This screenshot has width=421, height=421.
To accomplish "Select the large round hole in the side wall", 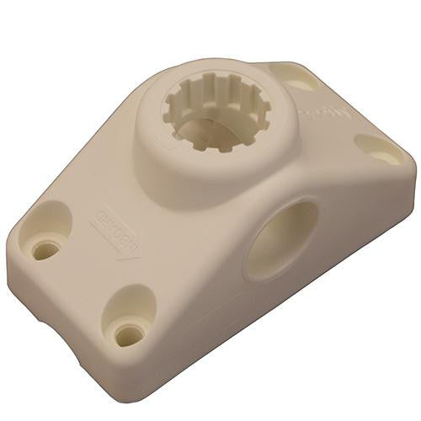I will pyautogui.click(x=282, y=240).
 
